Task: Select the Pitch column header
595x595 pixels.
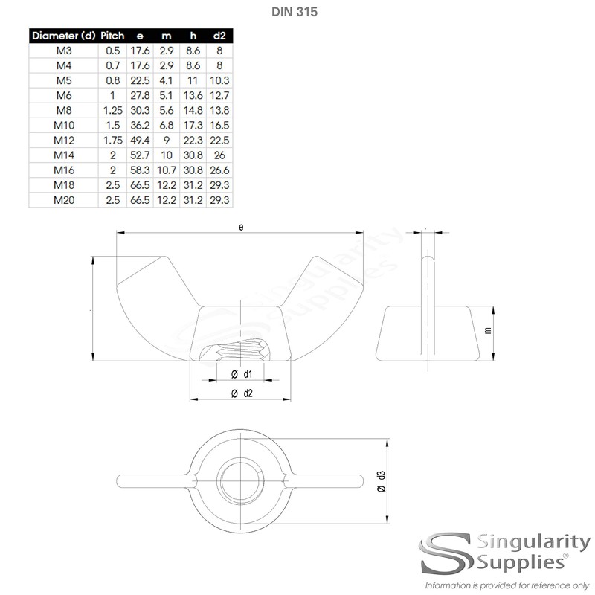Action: pyautogui.click(x=112, y=35)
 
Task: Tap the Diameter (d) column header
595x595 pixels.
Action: pyautogui.click(x=63, y=35)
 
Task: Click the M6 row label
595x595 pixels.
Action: pyautogui.click(x=63, y=96)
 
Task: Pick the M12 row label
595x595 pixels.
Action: pyautogui.click(x=63, y=139)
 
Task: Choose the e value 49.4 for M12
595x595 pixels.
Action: pyautogui.click(x=140, y=139)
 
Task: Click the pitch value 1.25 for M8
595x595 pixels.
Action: pyautogui.click(x=112, y=110)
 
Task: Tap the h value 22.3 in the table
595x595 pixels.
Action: pyautogui.click(x=193, y=139)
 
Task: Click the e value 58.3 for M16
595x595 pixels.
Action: pyautogui.click(x=140, y=169)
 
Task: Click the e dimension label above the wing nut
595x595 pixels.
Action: pyautogui.click(x=242, y=227)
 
